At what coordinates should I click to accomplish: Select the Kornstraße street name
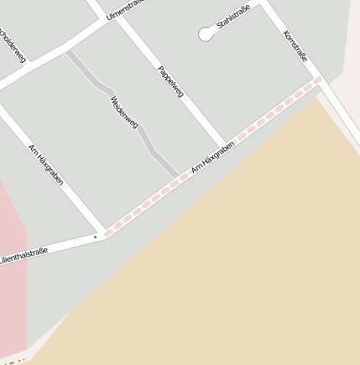click(295, 46)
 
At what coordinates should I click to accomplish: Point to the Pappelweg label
click(170, 81)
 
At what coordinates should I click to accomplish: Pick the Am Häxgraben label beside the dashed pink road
click(211, 158)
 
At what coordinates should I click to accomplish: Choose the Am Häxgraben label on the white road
click(45, 164)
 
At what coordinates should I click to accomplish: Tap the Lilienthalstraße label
click(23, 253)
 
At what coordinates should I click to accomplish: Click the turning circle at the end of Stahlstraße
click(206, 34)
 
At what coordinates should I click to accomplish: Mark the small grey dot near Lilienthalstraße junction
click(95, 237)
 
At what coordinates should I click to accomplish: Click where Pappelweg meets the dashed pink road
click(225, 143)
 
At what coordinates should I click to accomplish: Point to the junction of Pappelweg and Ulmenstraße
click(118, 18)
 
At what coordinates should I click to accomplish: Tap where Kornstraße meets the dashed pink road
click(317, 81)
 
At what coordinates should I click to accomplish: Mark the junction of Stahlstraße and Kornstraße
click(264, 4)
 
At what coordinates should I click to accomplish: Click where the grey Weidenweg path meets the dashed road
click(176, 176)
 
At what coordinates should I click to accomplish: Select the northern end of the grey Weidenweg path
click(70, 53)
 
